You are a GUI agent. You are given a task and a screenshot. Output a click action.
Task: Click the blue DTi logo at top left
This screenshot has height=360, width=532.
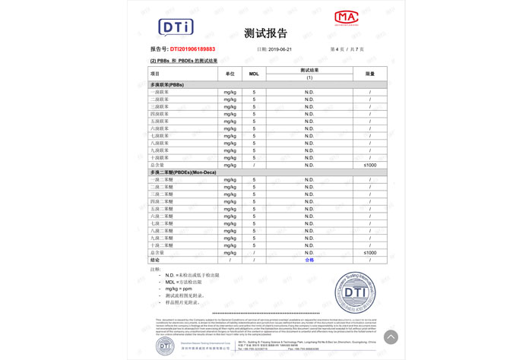tap(176, 27)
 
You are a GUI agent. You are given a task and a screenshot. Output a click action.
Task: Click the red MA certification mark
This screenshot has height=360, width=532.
tap(346, 17)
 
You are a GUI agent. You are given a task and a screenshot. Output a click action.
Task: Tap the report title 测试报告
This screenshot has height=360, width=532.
tap(266, 33)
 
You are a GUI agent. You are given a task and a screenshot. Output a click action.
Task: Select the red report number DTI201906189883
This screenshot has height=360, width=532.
tap(192, 49)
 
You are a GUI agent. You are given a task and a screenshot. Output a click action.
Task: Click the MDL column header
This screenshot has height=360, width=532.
tap(254, 74)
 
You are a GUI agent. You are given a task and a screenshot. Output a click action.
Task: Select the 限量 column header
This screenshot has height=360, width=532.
tap(370, 74)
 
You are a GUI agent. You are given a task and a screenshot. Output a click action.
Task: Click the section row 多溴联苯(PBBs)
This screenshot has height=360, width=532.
tap(168, 85)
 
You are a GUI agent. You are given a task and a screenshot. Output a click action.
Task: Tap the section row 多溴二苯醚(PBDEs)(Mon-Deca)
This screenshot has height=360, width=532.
tap(183, 172)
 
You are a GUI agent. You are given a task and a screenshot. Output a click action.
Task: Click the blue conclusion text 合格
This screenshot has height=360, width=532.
tap(309, 260)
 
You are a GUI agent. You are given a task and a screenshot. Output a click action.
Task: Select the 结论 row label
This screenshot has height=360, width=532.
tap(156, 260)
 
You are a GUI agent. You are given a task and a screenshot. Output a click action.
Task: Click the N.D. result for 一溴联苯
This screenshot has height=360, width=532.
tap(309, 92)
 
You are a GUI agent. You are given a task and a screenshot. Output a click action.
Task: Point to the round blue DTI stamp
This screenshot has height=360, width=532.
tap(355, 292)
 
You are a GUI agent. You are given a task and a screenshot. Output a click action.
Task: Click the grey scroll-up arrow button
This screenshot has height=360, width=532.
tap(391, 336)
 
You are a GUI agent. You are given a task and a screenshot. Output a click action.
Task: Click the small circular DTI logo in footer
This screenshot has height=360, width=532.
tap(165, 346)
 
